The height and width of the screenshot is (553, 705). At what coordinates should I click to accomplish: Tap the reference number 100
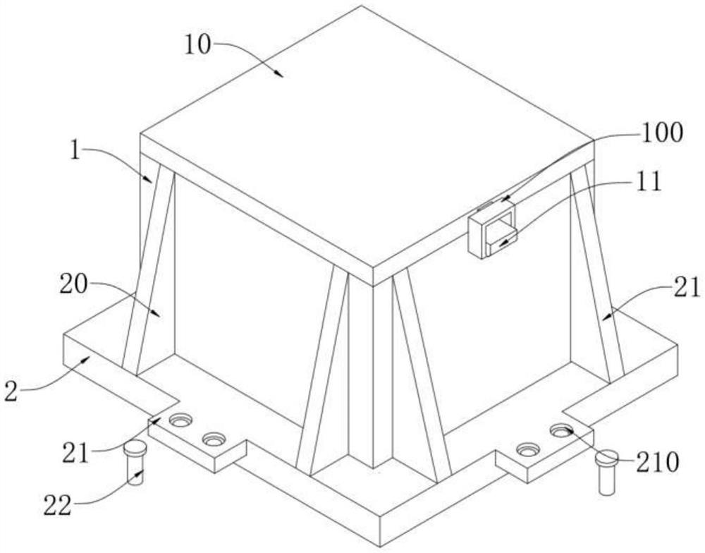[x=662, y=133]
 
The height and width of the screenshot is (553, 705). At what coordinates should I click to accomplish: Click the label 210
[x=657, y=463]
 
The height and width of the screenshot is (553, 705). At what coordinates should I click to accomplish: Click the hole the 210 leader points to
[x=561, y=429]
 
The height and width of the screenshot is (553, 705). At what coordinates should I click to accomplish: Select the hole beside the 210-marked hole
[x=527, y=449]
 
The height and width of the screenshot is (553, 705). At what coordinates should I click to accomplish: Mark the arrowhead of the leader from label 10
[x=281, y=75]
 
